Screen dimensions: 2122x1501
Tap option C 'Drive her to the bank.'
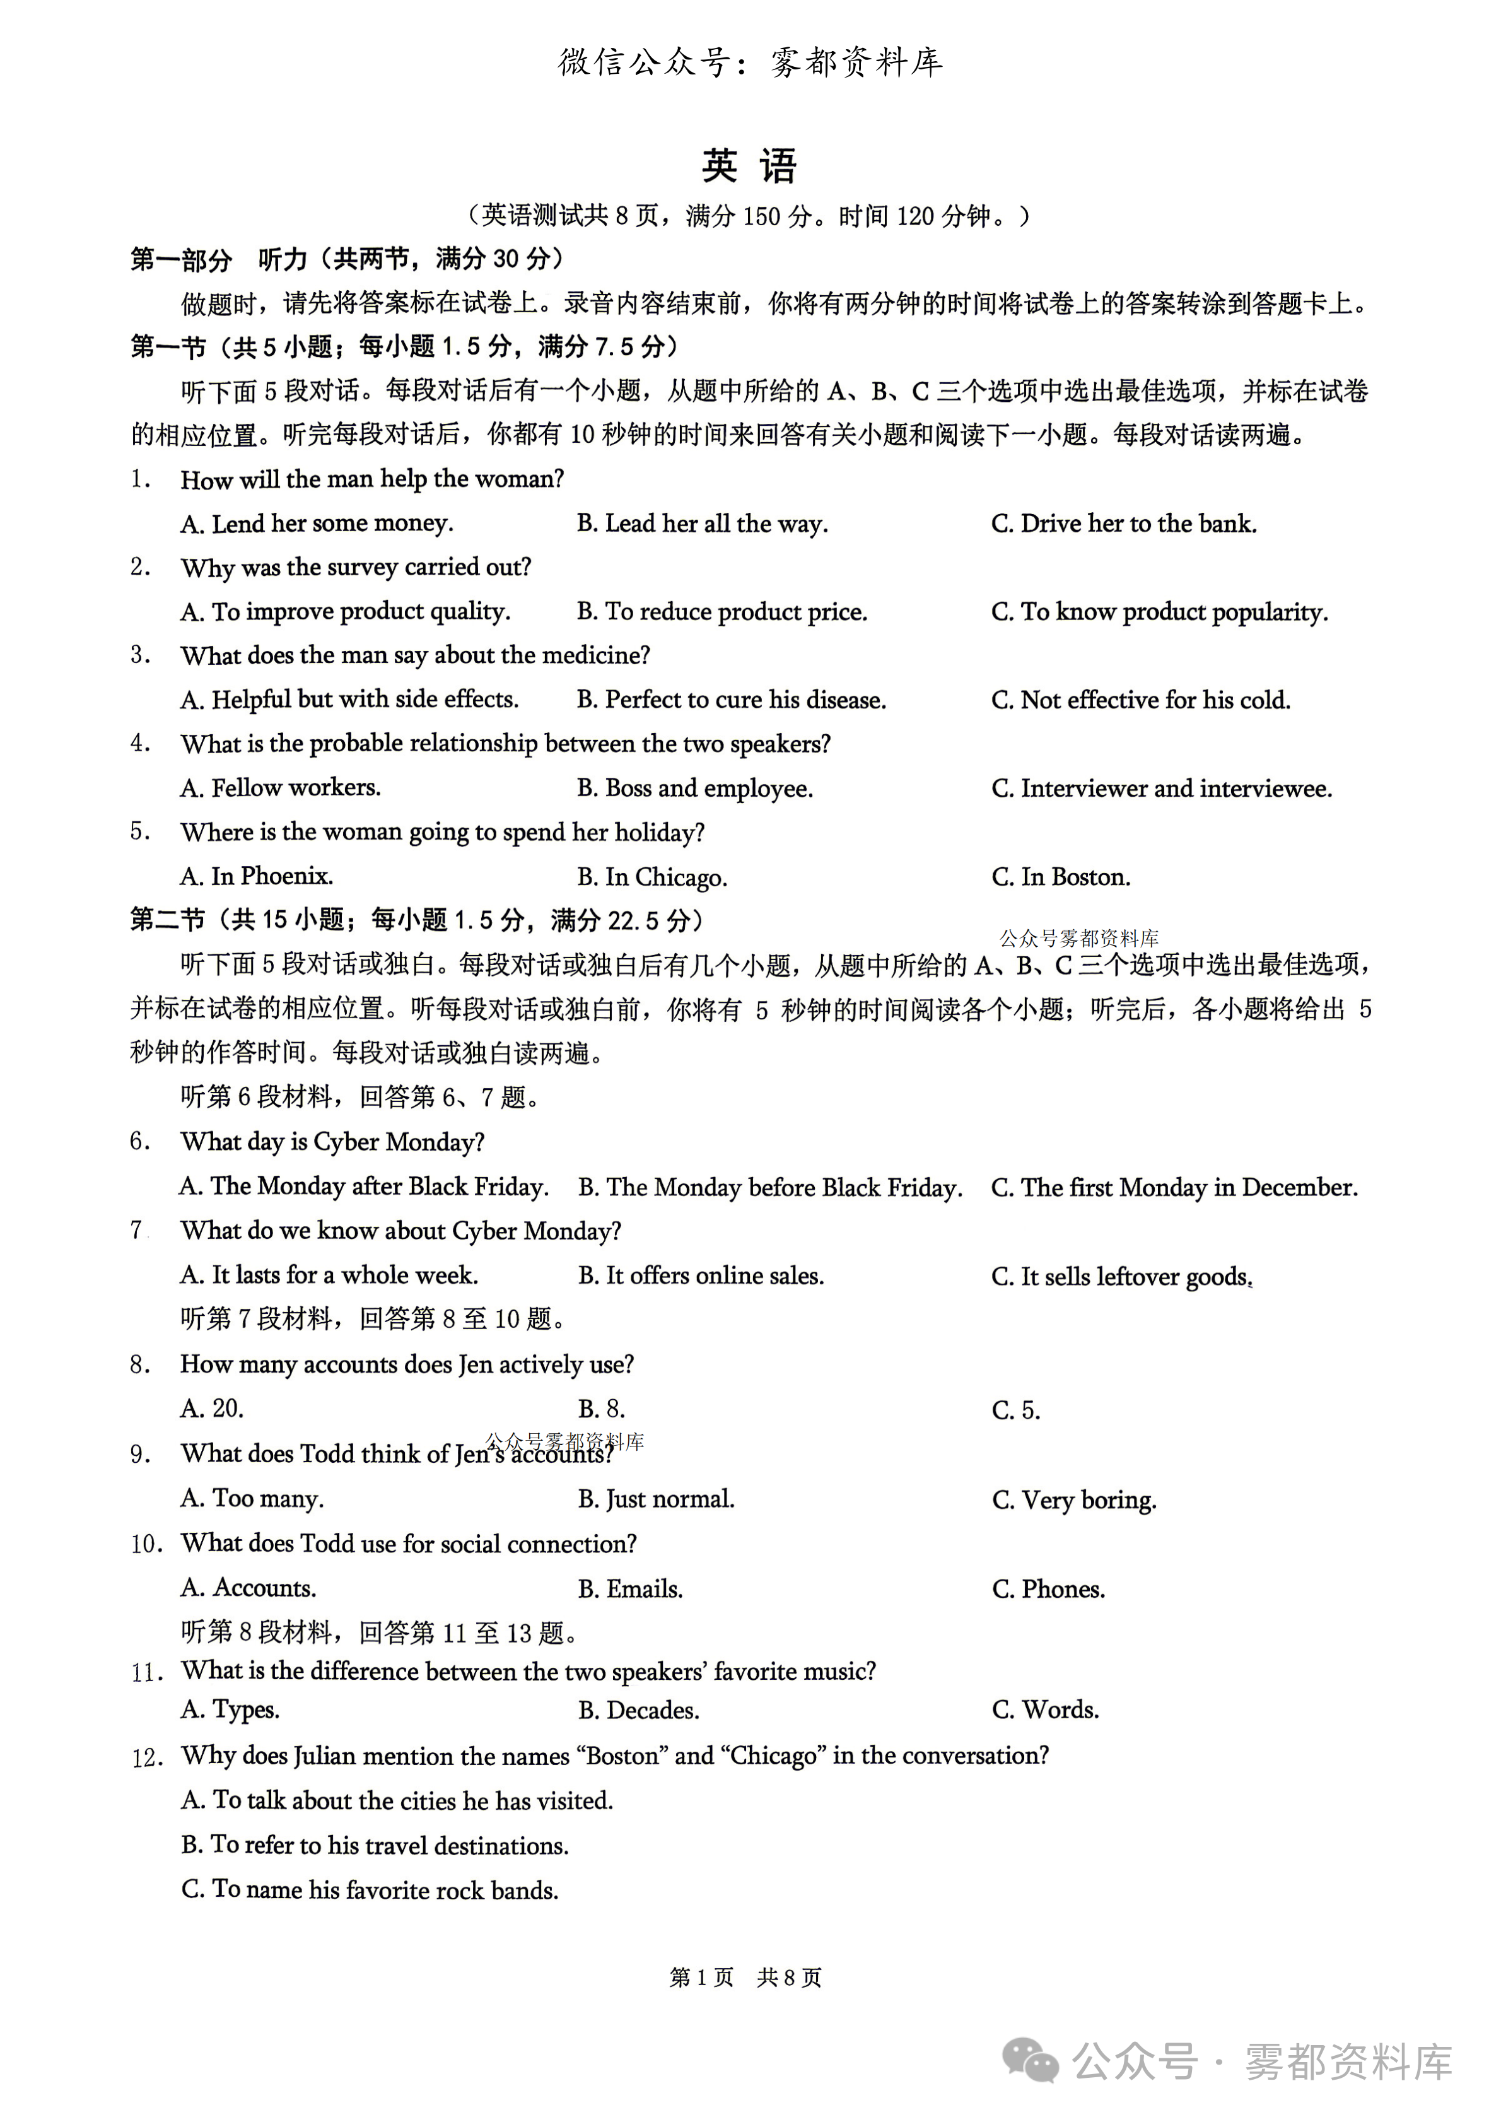click(x=1123, y=524)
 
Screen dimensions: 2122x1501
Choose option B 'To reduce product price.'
click(x=722, y=612)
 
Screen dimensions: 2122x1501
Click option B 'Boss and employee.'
click(x=695, y=788)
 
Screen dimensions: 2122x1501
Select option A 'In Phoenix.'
click(x=257, y=876)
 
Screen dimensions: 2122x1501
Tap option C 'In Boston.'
click(x=1060, y=877)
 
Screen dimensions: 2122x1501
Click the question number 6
click(x=139, y=1141)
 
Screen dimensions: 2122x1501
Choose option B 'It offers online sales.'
click(x=701, y=1276)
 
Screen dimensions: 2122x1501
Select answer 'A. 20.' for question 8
click(x=212, y=1409)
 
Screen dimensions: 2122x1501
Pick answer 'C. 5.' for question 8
click(x=1016, y=1410)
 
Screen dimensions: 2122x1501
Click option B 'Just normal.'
click(x=657, y=1499)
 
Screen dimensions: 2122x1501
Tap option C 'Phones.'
click(x=1048, y=1589)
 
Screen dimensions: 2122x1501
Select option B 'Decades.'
click(x=639, y=1711)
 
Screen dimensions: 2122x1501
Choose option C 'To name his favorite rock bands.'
click(x=370, y=1890)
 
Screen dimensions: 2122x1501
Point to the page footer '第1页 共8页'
click(x=745, y=1977)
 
